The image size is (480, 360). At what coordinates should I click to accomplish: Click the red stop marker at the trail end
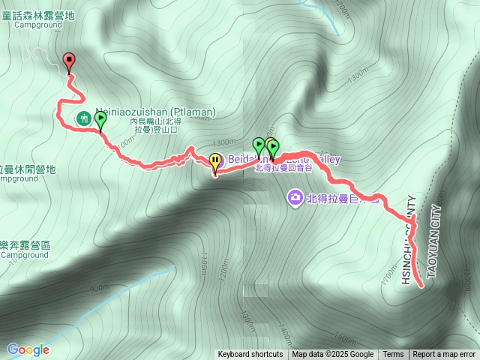(69, 61)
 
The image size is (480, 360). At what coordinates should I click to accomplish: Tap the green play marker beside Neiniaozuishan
(100, 118)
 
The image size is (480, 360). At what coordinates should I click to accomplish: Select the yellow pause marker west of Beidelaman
(216, 160)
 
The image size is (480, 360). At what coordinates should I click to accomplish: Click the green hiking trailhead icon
(84, 118)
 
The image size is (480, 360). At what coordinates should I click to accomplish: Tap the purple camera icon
(295, 197)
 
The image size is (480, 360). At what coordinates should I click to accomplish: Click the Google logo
(28, 349)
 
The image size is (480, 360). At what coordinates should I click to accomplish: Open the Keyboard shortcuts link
(250, 355)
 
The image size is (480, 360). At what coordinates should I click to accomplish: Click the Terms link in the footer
(393, 355)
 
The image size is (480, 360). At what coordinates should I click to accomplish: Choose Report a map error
(444, 355)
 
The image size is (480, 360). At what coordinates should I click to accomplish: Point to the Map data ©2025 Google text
(333, 355)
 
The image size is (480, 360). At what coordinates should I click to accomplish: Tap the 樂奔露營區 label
(25, 245)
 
